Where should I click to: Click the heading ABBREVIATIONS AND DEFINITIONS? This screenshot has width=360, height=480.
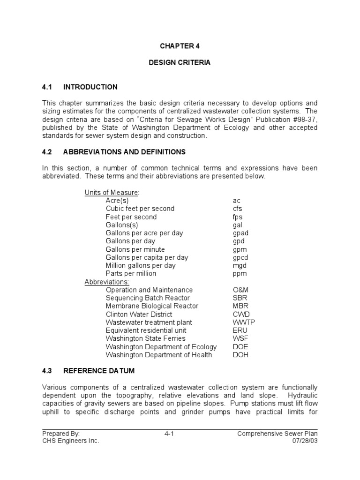click(124, 152)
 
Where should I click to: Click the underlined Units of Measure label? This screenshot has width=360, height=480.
click(112, 193)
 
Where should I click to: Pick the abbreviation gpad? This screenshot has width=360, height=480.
click(240, 233)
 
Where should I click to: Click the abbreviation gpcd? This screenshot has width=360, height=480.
click(240, 257)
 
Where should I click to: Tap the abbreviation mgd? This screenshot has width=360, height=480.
click(240, 265)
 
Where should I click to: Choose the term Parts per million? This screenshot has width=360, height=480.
click(131, 273)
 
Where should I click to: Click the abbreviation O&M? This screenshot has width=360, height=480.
click(240, 290)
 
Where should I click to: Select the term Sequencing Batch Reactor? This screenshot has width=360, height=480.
click(148, 298)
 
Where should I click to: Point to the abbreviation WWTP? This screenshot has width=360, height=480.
click(244, 322)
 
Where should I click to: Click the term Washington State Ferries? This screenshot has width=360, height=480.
click(145, 338)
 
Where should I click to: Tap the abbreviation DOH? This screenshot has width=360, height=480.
click(240, 355)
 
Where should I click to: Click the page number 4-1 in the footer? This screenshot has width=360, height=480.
click(169, 434)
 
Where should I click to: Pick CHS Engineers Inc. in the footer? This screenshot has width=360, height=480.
click(71, 441)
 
